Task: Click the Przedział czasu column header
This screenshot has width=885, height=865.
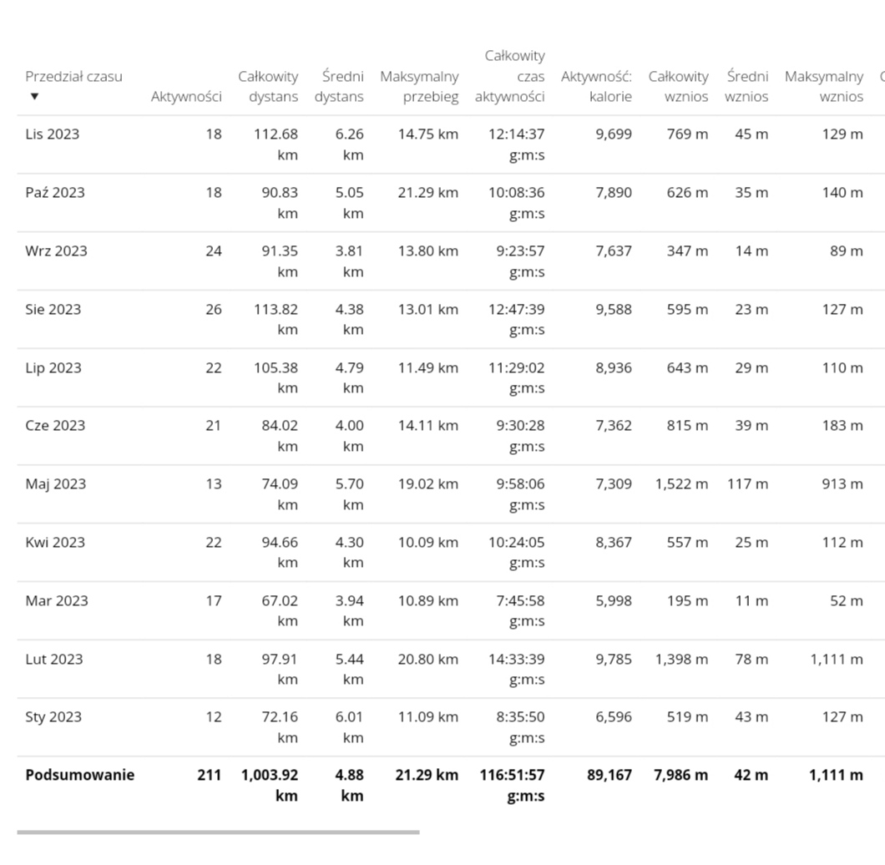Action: click(73, 76)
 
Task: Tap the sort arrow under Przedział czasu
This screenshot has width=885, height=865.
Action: click(34, 96)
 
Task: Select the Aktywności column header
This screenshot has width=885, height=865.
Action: click(186, 96)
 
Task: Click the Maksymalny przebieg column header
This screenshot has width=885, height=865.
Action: click(419, 86)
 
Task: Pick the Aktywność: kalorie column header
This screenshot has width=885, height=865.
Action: click(596, 86)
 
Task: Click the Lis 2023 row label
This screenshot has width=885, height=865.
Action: click(52, 134)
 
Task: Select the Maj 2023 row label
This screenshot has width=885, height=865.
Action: click(55, 483)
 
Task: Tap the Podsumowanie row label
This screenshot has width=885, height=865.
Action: click(79, 775)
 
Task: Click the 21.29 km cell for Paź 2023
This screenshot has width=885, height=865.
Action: click(427, 192)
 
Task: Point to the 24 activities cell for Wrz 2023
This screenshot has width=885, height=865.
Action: click(214, 250)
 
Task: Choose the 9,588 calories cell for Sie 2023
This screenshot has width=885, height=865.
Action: click(614, 309)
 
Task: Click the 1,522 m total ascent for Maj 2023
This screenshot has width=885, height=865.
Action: click(681, 483)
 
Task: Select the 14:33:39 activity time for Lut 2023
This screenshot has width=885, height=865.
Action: click(516, 659)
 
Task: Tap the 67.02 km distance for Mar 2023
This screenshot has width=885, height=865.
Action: click(279, 600)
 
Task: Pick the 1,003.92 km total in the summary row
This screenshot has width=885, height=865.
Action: click(269, 775)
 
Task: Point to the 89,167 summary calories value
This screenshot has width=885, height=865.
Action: click(609, 775)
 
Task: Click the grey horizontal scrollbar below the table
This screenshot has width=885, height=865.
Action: click(218, 832)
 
